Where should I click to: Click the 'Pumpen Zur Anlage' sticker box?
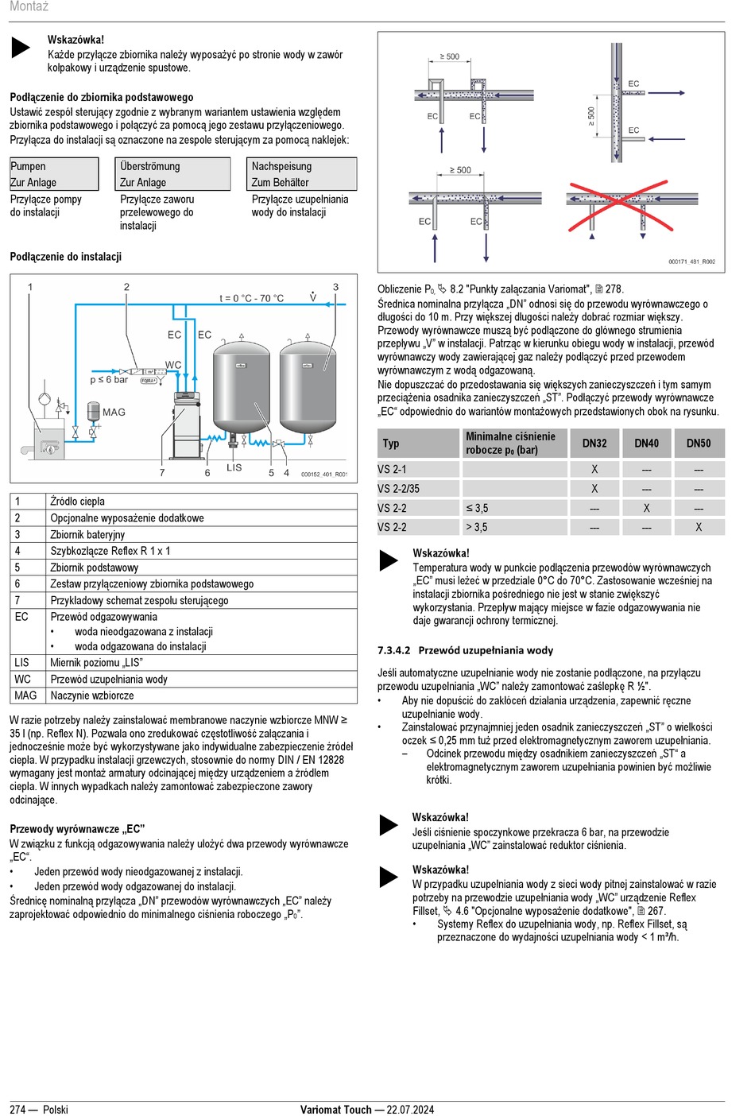tap(54, 174)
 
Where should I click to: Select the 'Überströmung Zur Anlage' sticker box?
tap(172, 174)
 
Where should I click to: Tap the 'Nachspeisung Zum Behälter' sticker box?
tap(302, 174)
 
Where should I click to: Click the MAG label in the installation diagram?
tap(114, 412)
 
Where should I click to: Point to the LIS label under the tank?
tap(234, 467)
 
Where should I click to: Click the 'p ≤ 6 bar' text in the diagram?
tap(109, 380)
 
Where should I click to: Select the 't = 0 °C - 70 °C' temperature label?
tap(251, 298)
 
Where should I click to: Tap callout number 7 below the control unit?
tap(162, 472)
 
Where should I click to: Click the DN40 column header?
tap(646, 443)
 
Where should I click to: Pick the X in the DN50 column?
tap(699, 527)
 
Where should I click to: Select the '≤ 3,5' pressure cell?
tap(477, 508)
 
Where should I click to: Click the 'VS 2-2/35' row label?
tap(398, 489)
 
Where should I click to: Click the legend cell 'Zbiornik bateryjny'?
tap(87, 535)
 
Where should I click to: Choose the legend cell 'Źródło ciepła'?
tap(77, 502)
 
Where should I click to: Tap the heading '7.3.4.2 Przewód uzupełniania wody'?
tap(465, 650)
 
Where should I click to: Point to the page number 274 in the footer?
tap(18, 1109)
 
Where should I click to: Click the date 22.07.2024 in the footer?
tap(410, 1109)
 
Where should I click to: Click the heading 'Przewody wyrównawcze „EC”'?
tap(77, 828)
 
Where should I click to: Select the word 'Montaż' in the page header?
tap(29, 6)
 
